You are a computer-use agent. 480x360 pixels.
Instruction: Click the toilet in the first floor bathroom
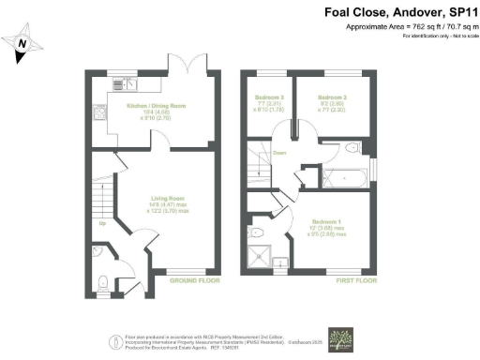[x=349, y=148]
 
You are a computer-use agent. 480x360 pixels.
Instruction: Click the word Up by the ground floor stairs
[x=101, y=223]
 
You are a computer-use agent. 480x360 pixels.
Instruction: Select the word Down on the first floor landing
[x=279, y=152]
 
